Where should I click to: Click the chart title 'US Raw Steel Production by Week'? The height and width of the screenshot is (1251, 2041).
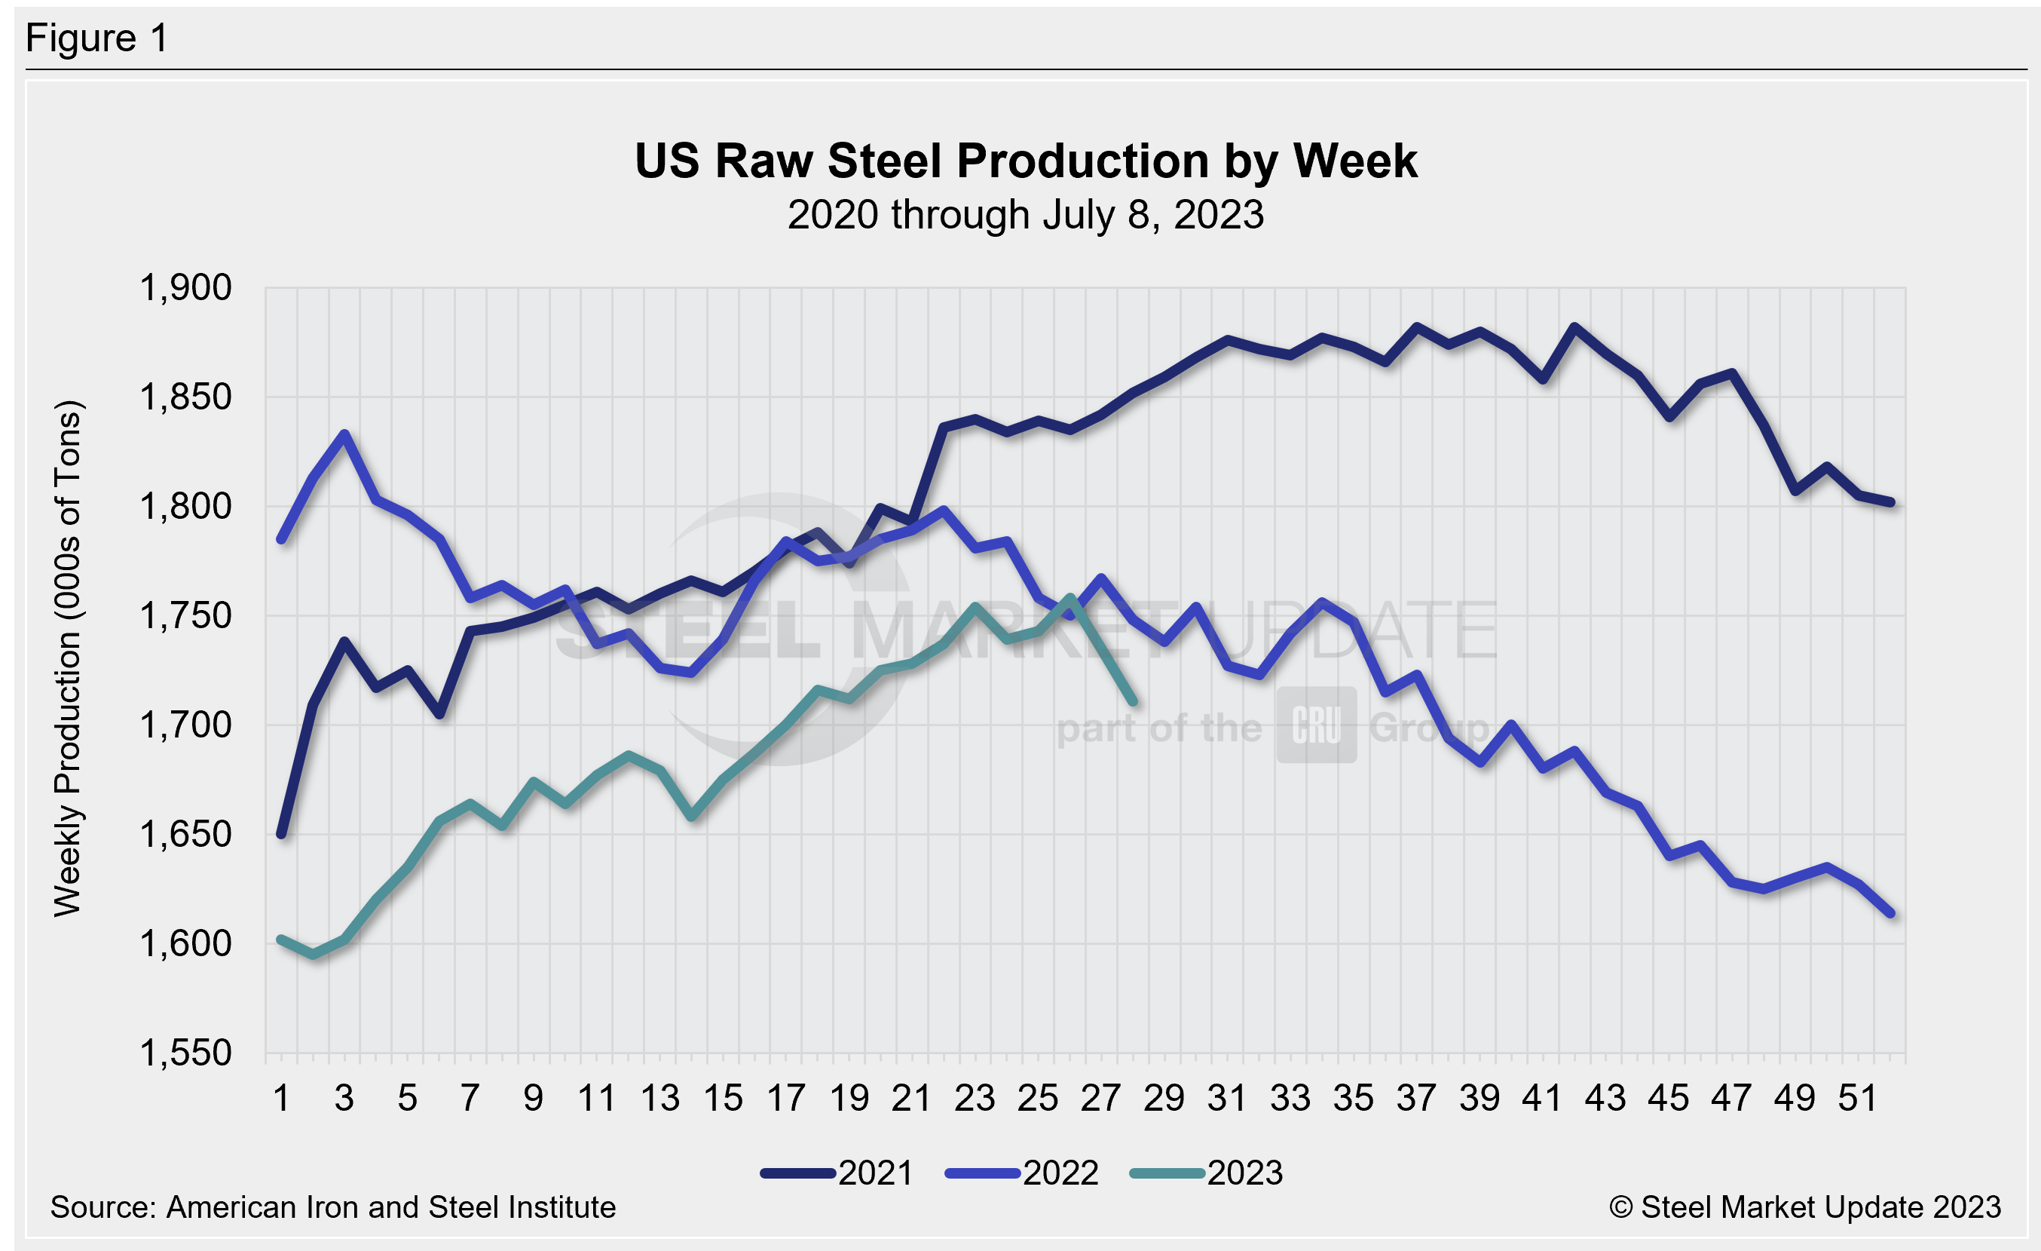[x=1026, y=161]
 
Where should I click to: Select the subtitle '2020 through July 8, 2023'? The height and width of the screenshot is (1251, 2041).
[x=1026, y=215]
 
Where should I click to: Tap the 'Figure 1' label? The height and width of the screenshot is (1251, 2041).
[x=97, y=38]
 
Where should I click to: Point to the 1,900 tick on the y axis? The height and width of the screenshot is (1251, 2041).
[x=185, y=287]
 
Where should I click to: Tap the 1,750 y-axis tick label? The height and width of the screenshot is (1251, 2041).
[x=185, y=615]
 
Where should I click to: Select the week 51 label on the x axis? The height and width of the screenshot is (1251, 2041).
[x=1858, y=1098]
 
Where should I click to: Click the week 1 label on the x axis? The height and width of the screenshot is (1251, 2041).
[x=282, y=1098]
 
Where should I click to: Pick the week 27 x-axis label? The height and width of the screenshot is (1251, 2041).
[x=1101, y=1098]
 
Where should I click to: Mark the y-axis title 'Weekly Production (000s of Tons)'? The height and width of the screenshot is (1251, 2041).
[x=68, y=658]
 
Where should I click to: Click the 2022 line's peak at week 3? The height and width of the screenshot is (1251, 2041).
[x=344, y=434]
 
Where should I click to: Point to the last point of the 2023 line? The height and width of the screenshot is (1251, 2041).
[x=1133, y=703]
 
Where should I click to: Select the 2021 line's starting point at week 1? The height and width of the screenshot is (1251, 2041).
[x=282, y=834]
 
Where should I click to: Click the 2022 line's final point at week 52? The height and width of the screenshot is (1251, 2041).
[x=1890, y=914]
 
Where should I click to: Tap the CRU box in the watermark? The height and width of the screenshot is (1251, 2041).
[x=1316, y=725]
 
